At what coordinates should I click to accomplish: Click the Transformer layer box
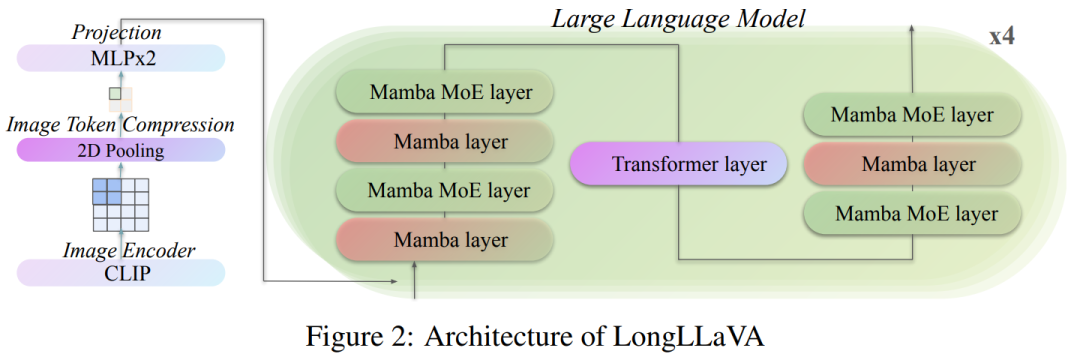[676, 164]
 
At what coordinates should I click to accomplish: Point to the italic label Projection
[116, 33]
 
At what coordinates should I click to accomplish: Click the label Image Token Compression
[120, 126]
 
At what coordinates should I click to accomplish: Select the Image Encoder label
[116, 249]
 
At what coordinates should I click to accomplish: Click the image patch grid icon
[120, 203]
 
